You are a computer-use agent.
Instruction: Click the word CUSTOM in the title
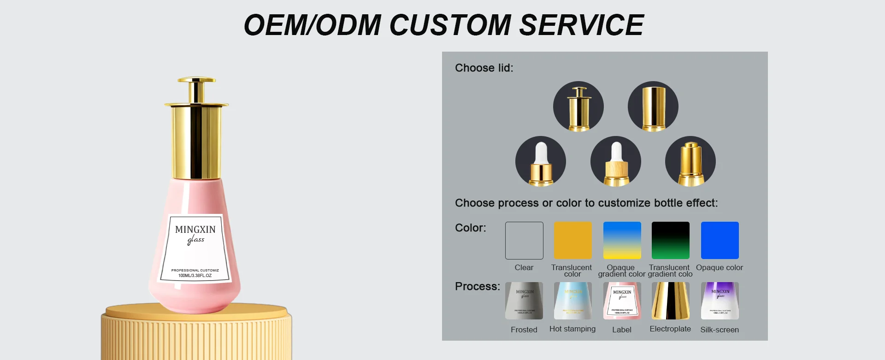coord(450,25)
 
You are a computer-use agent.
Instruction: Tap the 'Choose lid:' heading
coord(484,68)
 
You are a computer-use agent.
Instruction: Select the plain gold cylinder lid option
coord(653,106)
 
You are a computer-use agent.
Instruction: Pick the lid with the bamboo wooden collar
coord(615,161)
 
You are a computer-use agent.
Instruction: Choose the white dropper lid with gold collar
coord(540,161)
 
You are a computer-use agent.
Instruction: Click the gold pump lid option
coord(690,161)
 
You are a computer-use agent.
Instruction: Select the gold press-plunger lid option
coord(578,106)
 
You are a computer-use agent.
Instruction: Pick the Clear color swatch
coord(524,240)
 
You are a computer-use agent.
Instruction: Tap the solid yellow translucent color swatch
coord(572,240)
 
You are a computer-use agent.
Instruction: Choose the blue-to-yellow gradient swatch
coord(622,240)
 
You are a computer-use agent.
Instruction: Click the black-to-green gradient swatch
coord(670,240)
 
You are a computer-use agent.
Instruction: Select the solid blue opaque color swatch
coord(720,240)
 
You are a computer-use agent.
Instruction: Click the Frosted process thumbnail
coord(524,301)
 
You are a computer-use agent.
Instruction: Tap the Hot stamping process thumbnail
coord(572,301)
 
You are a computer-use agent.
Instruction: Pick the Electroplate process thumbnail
coord(670,301)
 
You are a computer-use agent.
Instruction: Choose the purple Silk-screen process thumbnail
coord(720,301)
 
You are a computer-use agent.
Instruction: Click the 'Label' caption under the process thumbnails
coord(621,330)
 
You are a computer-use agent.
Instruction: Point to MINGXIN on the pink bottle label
coord(195,230)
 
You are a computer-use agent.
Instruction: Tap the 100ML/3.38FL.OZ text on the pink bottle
coord(195,276)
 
